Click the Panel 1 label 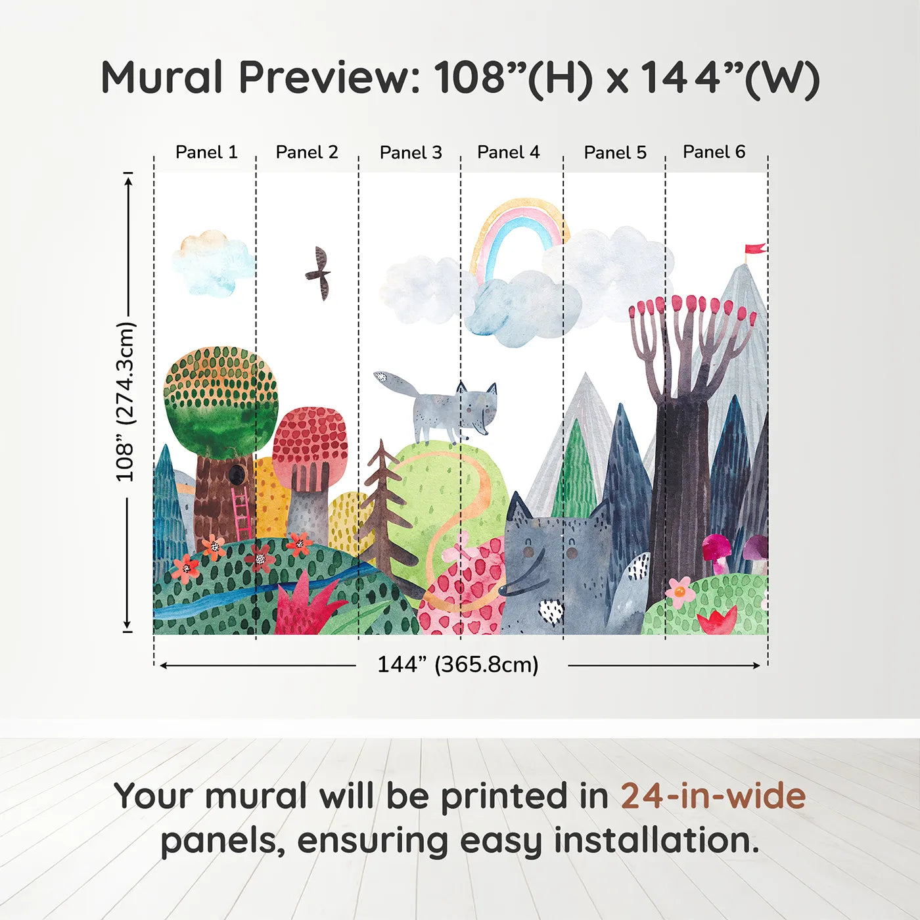pos(206,152)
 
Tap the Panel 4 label pos(509,152)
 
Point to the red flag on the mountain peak pos(755,248)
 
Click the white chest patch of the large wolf pos(551,611)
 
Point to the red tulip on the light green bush pos(717,620)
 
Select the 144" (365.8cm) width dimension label pos(458,664)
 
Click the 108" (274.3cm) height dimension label pos(126,402)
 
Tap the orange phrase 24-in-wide pos(713,796)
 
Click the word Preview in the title pos(329,77)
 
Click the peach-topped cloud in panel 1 pos(212,262)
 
